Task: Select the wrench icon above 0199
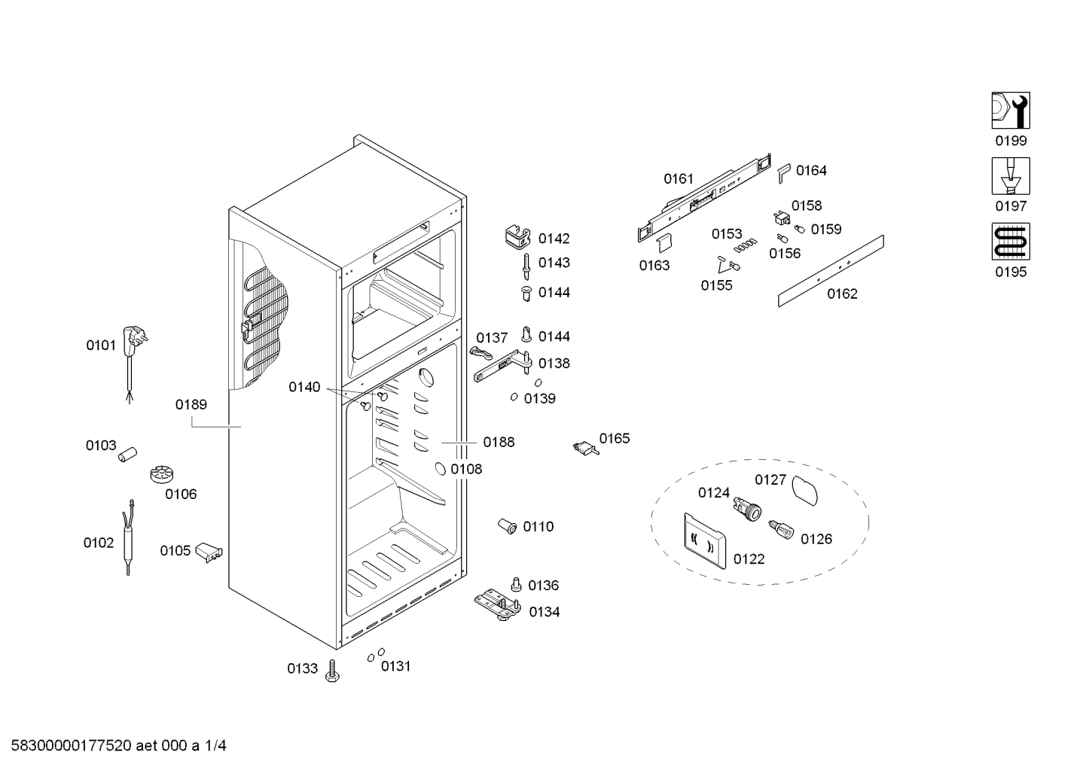click(1011, 111)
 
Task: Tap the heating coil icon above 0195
click(1011, 242)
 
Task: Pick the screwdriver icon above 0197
click(1011, 176)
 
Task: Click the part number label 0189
click(191, 404)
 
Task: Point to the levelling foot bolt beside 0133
click(332, 671)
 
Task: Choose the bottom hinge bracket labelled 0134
click(497, 604)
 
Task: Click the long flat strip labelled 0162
click(831, 271)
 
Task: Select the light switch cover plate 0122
click(705, 540)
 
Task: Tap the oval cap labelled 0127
click(804, 490)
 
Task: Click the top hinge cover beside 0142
click(517, 236)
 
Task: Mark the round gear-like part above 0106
click(162, 474)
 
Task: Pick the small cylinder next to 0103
click(128, 455)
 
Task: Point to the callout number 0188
click(499, 442)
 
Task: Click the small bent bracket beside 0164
click(784, 173)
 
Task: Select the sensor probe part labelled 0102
click(129, 537)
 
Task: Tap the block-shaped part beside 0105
click(209, 552)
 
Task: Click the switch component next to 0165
click(586, 448)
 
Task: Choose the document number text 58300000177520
click(72, 746)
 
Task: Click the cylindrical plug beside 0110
click(508, 525)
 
